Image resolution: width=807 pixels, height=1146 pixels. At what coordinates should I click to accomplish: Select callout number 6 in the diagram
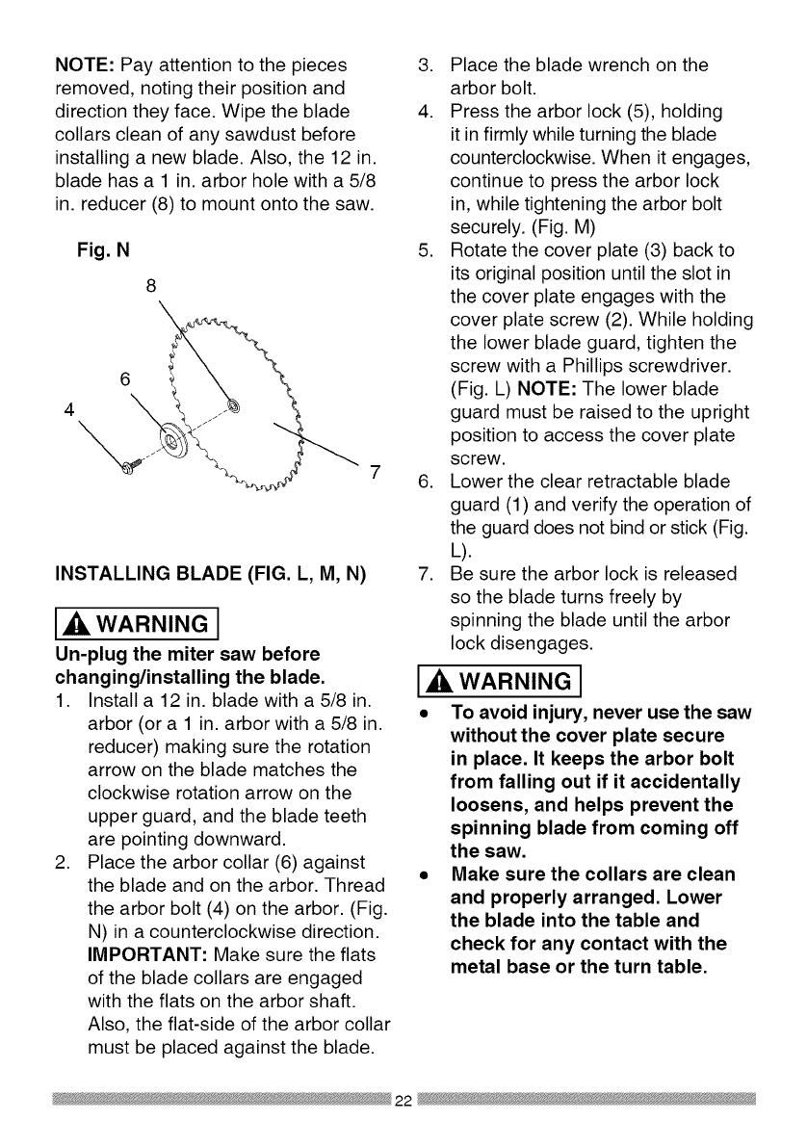tap(125, 378)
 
